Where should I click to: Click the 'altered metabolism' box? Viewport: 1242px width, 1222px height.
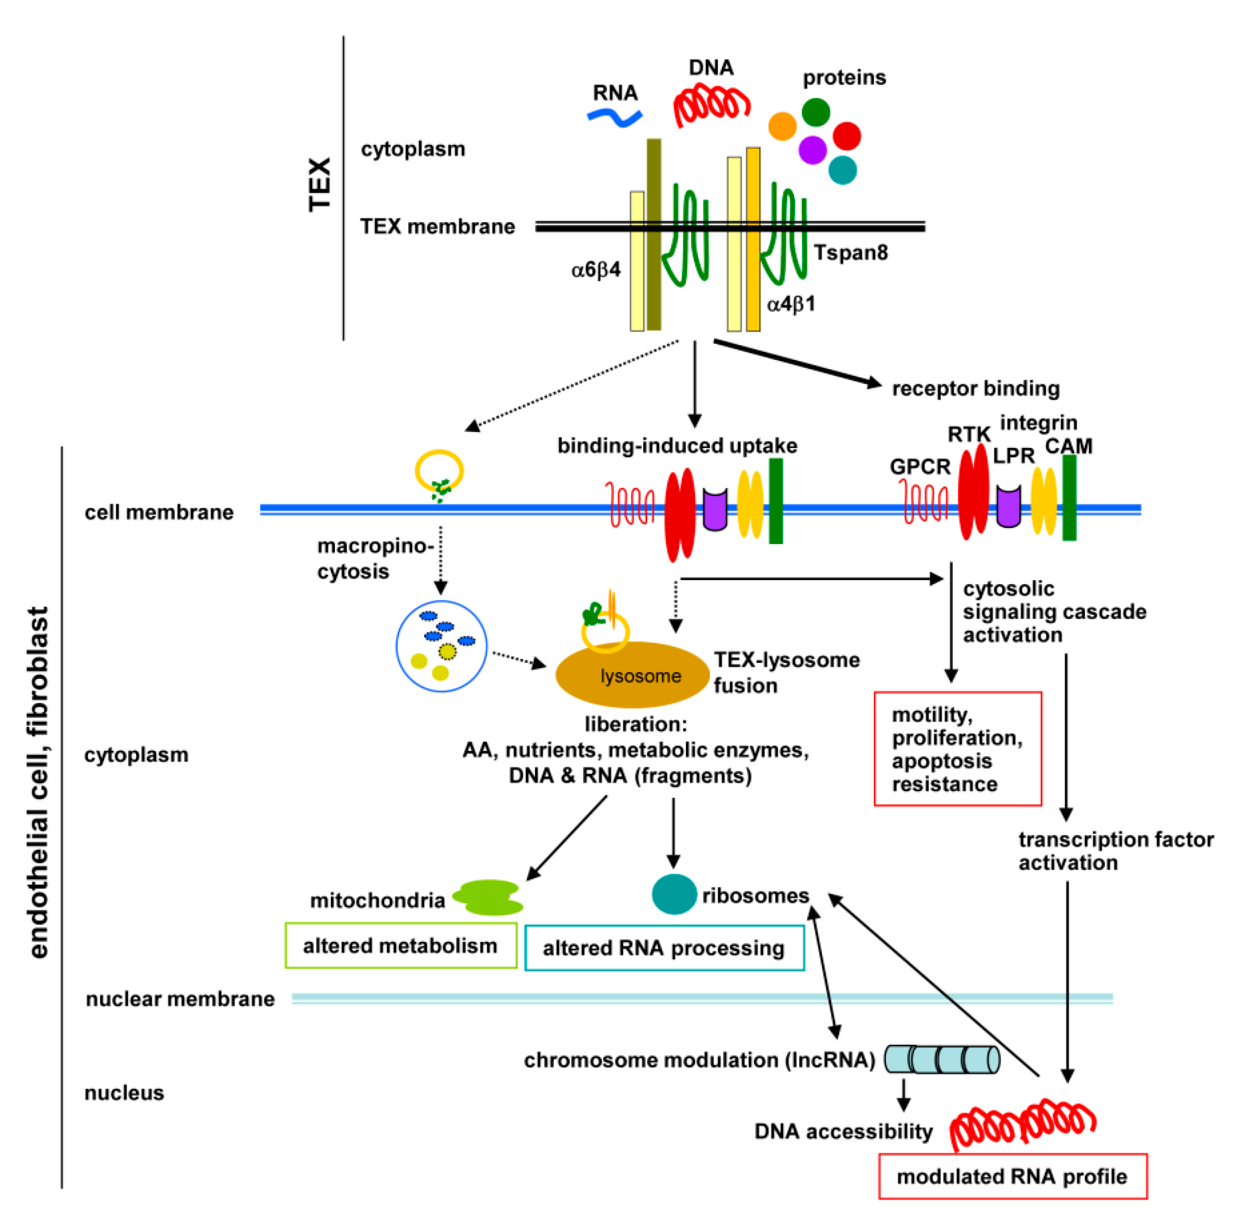400,945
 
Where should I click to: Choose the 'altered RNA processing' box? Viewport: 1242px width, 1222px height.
664,947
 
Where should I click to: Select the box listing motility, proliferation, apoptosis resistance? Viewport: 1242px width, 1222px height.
957,749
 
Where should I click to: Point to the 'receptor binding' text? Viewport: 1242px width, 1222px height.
975,388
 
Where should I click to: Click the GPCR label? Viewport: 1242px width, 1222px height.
919,467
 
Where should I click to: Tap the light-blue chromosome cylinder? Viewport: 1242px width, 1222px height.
941,1059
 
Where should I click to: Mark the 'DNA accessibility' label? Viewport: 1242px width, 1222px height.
842,1131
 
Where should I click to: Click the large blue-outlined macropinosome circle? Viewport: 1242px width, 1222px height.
441,646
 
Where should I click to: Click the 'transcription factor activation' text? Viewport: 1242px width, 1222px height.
1114,850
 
